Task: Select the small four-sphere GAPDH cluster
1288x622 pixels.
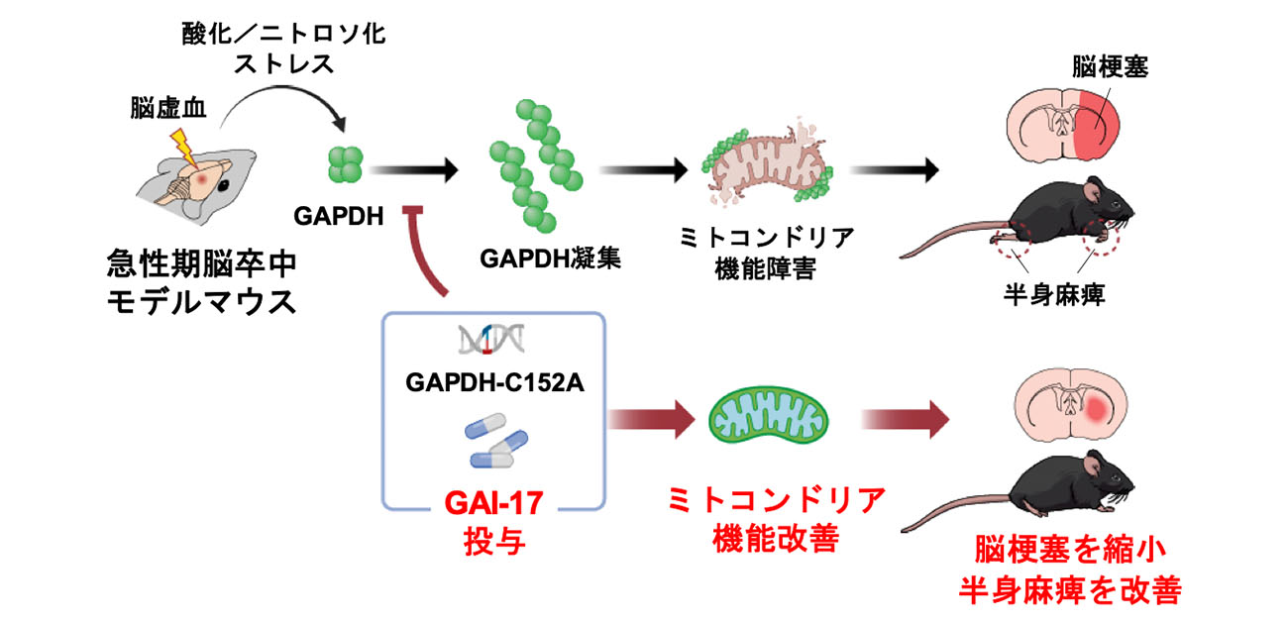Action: coord(347,165)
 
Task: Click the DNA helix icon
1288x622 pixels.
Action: coord(491,341)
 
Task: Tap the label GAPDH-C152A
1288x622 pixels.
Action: coord(491,381)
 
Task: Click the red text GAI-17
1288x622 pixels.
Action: coord(491,505)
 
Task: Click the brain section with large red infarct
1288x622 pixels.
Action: coord(1064,127)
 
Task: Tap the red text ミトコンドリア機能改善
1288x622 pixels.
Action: coord(776,518)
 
